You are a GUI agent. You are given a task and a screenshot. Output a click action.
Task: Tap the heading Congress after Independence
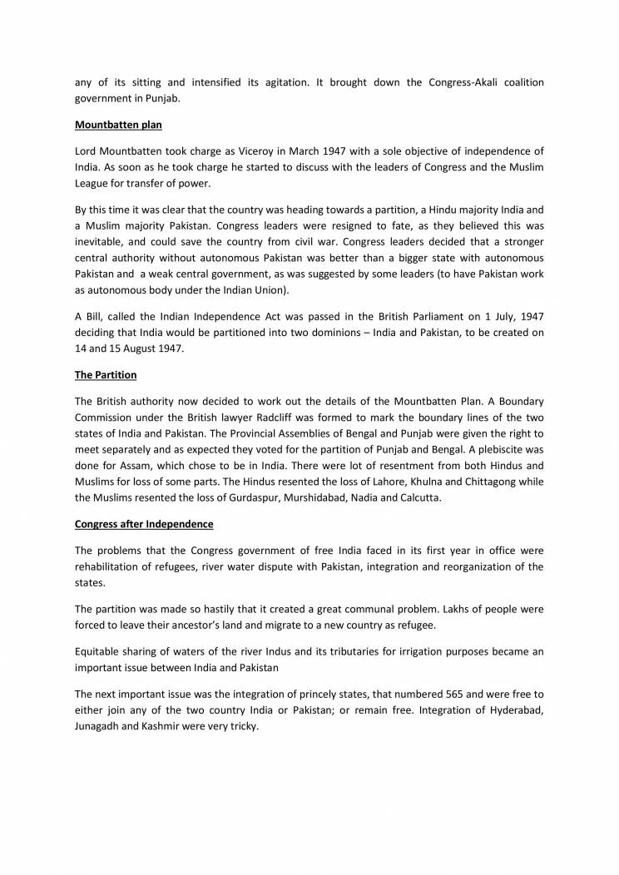pos(144,524)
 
